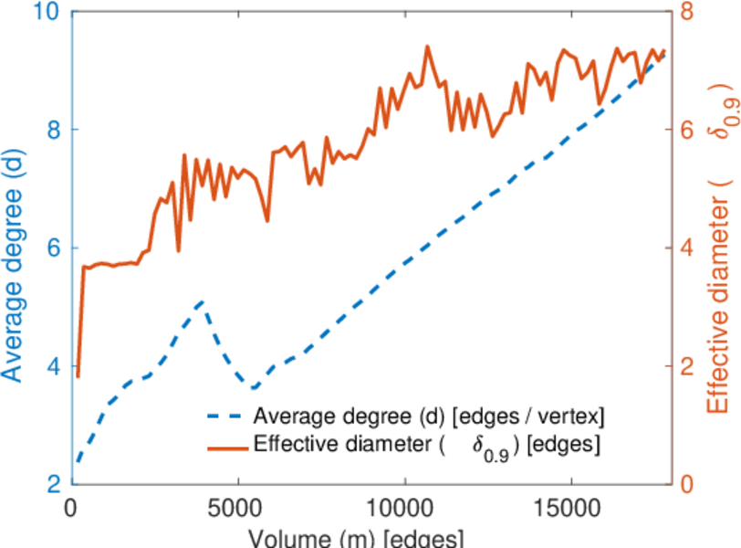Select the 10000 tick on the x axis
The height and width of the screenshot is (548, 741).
pos(404,506)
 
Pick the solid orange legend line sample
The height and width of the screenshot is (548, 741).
pos(224,447)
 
